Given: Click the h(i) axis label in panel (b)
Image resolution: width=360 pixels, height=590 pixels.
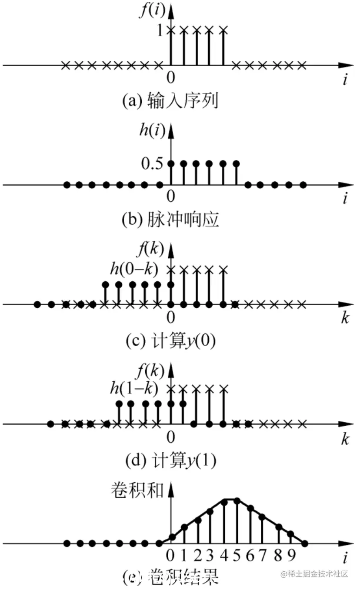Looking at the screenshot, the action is coord(152,130).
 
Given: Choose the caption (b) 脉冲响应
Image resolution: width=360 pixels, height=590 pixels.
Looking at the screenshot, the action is coord(170,220).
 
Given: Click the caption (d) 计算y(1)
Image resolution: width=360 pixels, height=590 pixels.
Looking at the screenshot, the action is coord(170,460).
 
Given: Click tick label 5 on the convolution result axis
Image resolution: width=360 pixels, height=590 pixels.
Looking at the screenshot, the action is coord(237,555).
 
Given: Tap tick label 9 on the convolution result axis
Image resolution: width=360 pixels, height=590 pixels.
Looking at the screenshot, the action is coord(291,555).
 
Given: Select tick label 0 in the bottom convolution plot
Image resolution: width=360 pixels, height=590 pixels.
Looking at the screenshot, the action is coord(171,555).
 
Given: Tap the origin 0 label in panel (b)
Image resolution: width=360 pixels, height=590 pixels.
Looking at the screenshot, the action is coord(171,197).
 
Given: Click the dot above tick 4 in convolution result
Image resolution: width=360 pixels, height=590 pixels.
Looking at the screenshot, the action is coord(224,502).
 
